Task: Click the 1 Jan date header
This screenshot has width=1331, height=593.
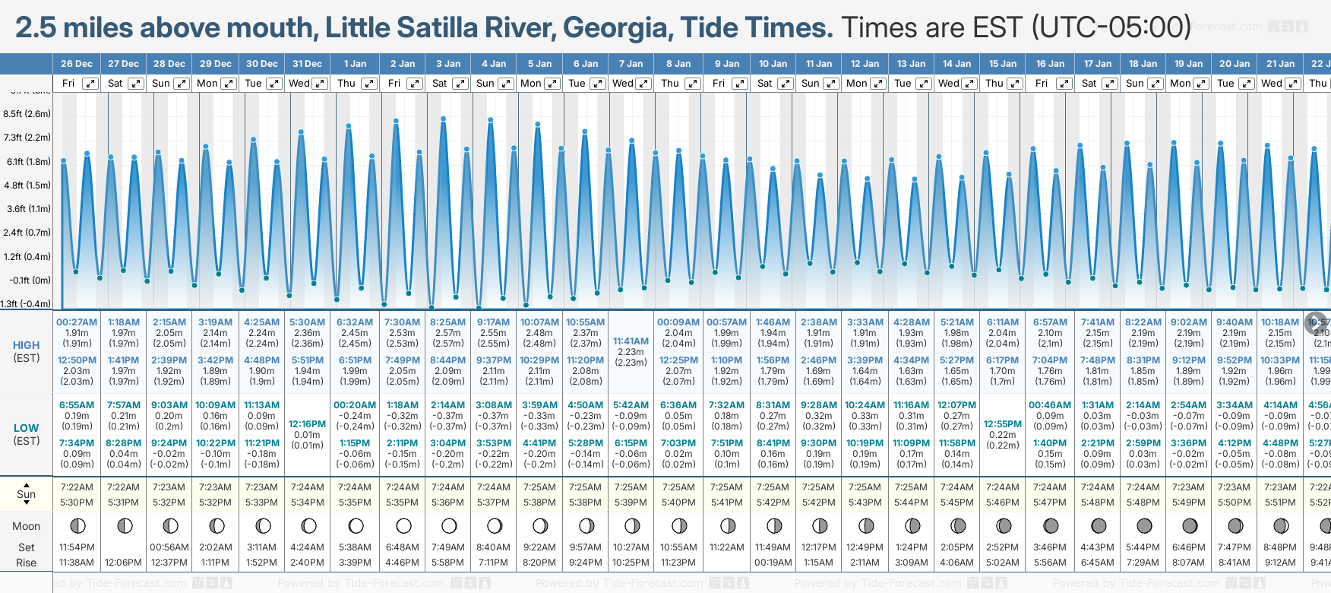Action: pyautogui.click(x=355, y=64)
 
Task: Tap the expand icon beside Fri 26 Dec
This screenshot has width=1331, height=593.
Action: pyautogui.click(x=90, y=84)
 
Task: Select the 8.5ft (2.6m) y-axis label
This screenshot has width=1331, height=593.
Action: pyautogui.click(x=27, y=114)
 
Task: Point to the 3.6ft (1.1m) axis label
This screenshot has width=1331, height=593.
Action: pyautogui.click(x=27, y=208)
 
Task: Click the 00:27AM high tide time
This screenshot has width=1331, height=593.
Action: pyautogui.click(x=77, y=322)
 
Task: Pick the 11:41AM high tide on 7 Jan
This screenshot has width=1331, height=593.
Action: pyautogui.click(x=631, y=341)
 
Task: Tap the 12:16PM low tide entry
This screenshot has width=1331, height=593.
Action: pyautogui.click(x=308, y=424)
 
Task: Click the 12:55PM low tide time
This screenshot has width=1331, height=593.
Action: pyautogui.click(x=1003, y=424)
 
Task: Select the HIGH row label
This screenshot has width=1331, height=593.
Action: pyautogui.click(x=27, y=345)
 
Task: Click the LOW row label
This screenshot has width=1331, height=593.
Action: pyautogui.click(x=27, y=428)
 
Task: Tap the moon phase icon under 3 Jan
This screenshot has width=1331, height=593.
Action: pyautogui.click(x=449, y=525)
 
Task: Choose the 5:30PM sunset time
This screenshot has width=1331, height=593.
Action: pyautogui.click(x=77, y=503)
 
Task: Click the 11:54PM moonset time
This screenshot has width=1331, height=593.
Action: pyautogui.click(x=77, y=547)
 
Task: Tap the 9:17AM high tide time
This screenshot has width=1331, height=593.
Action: pyautogui.click(x=494, y=322)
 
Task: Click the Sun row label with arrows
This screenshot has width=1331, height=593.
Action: pyautogui.click(x=27, y=494)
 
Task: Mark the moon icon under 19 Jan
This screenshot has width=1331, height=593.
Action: pyautogui.click(x=1190, y=525)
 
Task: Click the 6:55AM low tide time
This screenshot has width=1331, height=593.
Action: pyautogui.click(x=77, y=405)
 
